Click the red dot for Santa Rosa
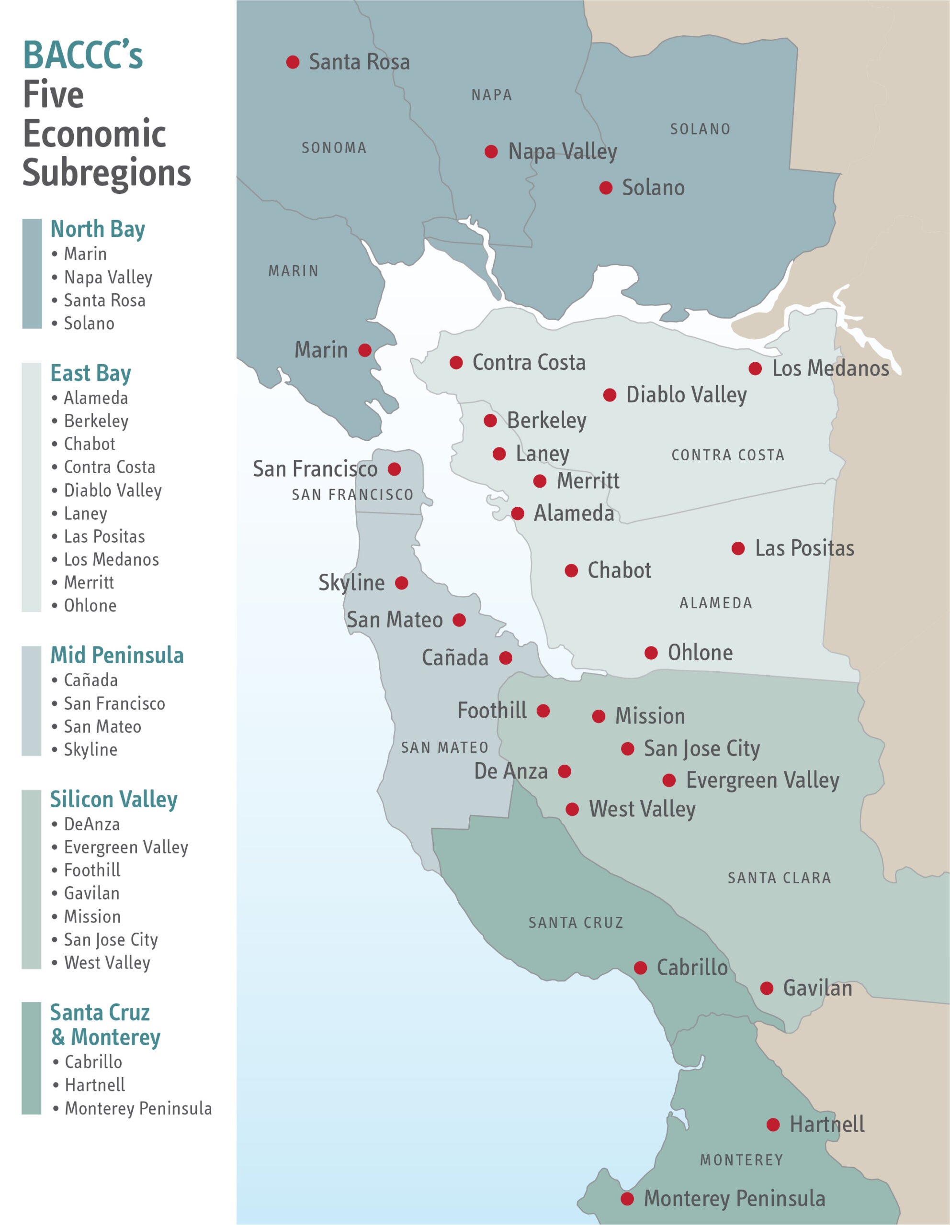pos(293,62)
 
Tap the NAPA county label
pos(492,95)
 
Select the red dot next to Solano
pos(605,188)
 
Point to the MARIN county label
pos(294,271)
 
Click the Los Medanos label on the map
pos(830,368)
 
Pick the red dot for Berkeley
pos(490,421)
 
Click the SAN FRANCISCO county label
pos(352,495)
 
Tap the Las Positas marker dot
pos(738,548)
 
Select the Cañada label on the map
pos(455,658)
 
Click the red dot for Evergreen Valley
pos(669,780)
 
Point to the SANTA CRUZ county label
pos(576,923)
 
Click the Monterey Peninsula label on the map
pos(734,1199)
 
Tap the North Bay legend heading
pos(98,229)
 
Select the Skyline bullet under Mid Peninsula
pos(90,750)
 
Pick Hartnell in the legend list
pos(95,1085)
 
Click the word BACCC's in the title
pos(83,56)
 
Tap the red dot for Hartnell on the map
pos(773,1125)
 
